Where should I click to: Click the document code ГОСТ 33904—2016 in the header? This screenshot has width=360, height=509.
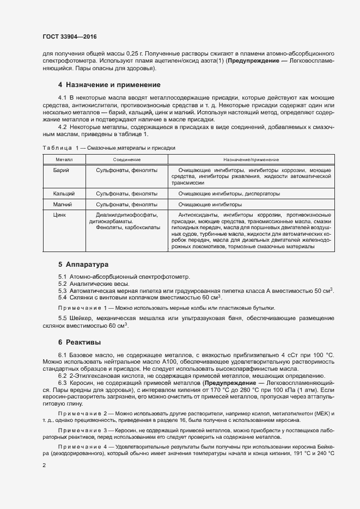(x=70, y=36)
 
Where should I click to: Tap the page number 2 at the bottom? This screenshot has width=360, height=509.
(x=44, y=465)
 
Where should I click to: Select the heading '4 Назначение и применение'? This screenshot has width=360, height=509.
(x=109, y=85)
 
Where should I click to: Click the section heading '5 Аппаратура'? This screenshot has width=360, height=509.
(x=83, y=265)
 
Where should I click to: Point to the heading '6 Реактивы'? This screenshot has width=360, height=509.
(x=79, y=342)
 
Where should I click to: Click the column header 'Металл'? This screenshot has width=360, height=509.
(x=64, y=160)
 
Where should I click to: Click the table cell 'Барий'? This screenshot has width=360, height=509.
(x=61, y=170)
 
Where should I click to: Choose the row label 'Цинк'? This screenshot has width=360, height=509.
(x=60, y=214)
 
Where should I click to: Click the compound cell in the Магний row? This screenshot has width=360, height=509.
(x=126, y=204)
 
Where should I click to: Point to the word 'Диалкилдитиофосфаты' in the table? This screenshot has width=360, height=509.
(x=126, y=214)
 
